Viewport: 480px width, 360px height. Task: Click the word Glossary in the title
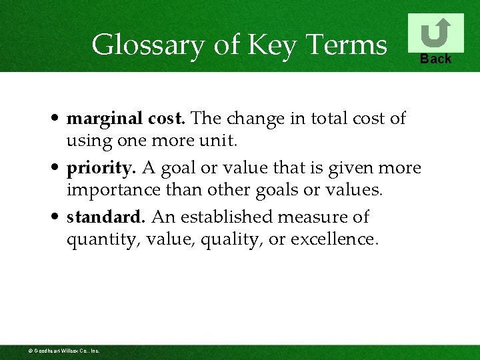[x=140, y=45]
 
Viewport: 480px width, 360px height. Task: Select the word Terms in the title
[x=346, y=45]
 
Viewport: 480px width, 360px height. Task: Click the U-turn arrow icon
[x=435, y=33]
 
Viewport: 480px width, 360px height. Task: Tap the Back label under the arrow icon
[x=435, y=59]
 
